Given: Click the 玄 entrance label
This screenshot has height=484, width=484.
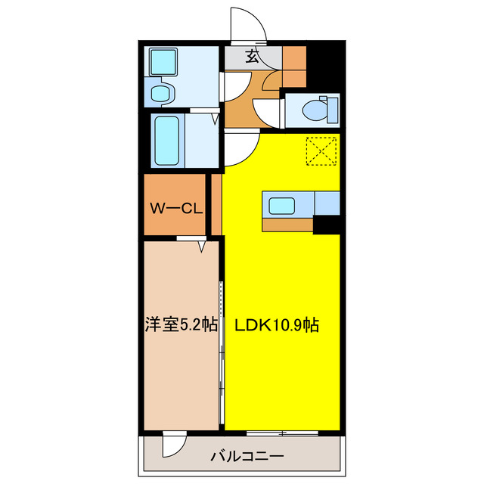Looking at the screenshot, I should (x=251, y=56).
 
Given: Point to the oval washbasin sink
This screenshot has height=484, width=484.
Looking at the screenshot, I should (x=160, y=93).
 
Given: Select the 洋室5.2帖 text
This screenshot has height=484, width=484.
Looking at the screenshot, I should (x=181, y=325).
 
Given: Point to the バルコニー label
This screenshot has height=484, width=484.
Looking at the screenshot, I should (x=241, y=456).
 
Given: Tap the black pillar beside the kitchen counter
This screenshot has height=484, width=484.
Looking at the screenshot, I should (x=326, y=224).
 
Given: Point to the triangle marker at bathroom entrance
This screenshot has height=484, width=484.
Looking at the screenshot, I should (x=215, y=119).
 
